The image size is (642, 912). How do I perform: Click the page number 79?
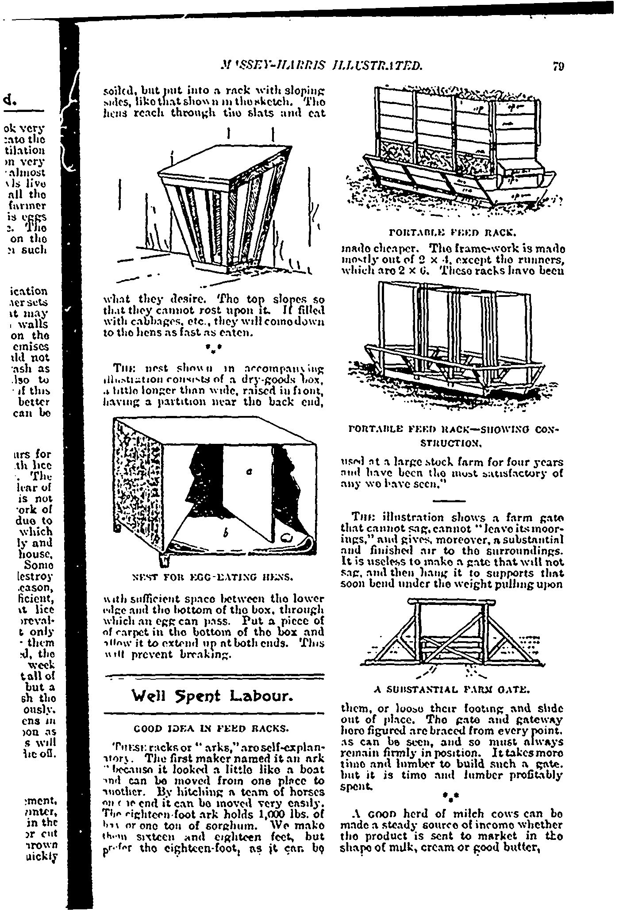coord(558,66)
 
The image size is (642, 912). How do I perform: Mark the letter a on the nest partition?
coord(249,472)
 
